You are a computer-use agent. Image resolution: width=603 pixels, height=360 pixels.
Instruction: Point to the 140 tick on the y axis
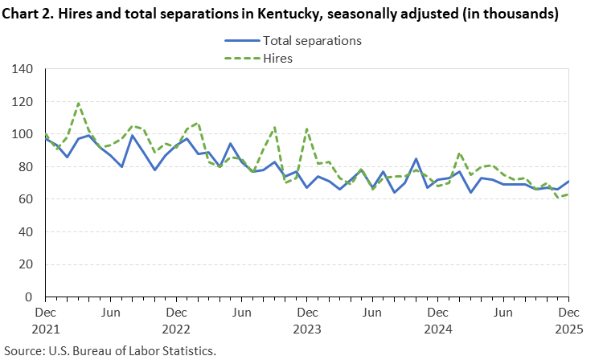click(x=23, y=69)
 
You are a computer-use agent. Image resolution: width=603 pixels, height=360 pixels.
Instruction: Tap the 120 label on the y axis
click(x=23, y=102)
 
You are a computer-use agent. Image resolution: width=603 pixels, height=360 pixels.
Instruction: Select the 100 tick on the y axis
click(x=23, y=134)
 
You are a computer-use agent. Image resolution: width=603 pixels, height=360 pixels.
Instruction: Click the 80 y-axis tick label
click(x=26, y=167)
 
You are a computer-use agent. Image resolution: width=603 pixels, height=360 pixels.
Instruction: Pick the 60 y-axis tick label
click(x=26, y=199)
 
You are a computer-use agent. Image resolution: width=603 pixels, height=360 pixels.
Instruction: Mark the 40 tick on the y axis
click(x=26, y=232)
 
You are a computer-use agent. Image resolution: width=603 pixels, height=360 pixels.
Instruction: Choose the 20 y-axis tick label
click(x=26, y=264)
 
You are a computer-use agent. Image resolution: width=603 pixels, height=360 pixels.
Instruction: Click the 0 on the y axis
click(x=29, y=297)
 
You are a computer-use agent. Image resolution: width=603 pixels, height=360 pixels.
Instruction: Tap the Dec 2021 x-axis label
click(x=45, y=320)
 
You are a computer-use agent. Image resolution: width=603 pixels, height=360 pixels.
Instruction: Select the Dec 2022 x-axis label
click(x=176, y=320)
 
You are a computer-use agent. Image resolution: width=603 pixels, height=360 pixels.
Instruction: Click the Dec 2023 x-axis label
click(x=307, y=320)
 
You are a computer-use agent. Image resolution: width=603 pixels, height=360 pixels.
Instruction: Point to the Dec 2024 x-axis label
click(x=438, y=320)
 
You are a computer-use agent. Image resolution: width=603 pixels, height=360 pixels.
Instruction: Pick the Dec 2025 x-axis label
click(x=568, y=320)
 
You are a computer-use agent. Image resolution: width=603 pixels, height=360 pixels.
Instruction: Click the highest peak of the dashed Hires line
click(x=78, y=103)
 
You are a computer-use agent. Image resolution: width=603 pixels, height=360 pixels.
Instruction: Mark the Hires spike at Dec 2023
click(x=307, y=129)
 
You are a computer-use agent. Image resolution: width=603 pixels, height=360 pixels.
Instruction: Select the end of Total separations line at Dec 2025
click(x=568, y=182)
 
